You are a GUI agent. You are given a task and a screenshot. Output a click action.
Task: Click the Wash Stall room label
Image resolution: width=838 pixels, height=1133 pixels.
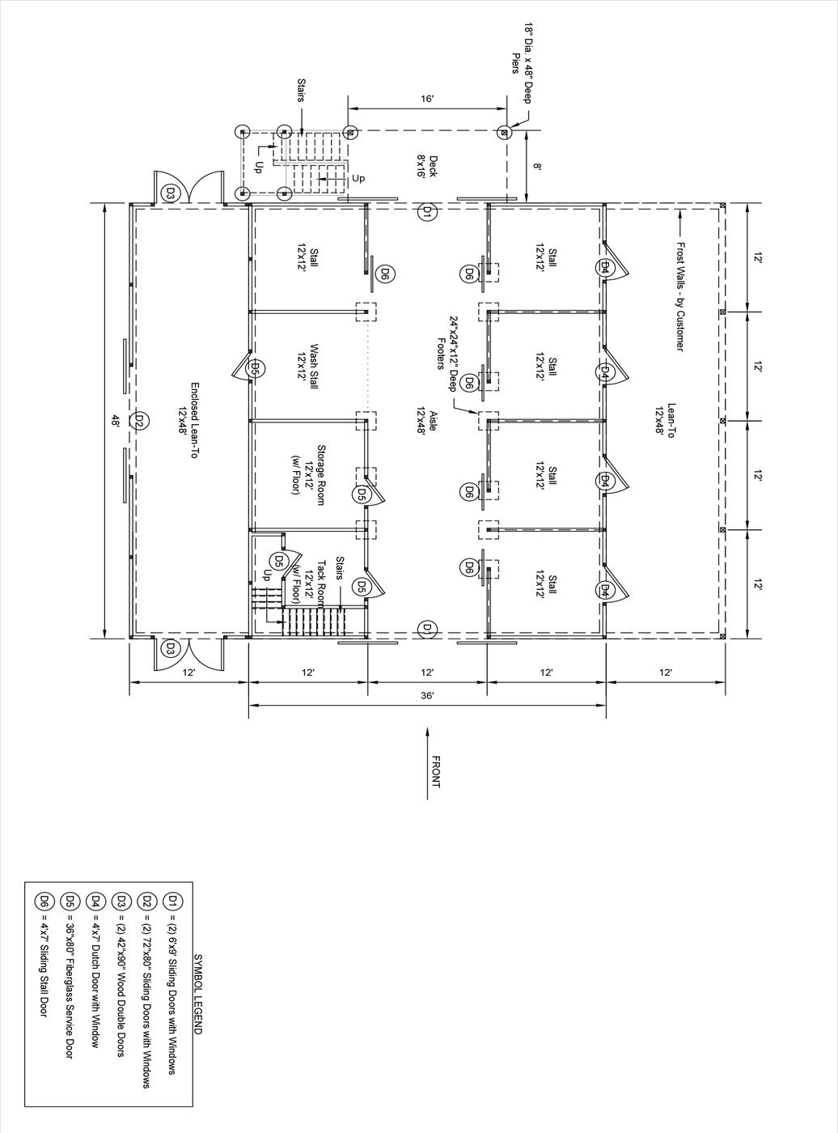click(307, 367)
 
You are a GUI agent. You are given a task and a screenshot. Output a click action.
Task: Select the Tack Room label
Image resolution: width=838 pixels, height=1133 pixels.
click(308, 583)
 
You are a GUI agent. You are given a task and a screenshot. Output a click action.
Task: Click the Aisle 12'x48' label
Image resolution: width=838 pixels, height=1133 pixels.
click(427, 420)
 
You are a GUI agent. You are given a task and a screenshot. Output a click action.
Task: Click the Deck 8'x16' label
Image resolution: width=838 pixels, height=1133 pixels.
click(427, 166)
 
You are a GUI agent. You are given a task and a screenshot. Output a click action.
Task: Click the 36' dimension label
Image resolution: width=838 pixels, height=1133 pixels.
click(427, 696)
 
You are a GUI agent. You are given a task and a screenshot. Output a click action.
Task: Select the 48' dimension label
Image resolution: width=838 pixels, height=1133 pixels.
click(116, 420)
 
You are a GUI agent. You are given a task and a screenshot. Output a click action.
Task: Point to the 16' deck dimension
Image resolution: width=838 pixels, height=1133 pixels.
click(427, 99)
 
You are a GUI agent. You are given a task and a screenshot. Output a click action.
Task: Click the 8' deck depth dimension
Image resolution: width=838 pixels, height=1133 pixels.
click(537, 166)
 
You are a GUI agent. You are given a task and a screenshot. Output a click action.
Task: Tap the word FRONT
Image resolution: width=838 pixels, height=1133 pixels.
click(436, 772)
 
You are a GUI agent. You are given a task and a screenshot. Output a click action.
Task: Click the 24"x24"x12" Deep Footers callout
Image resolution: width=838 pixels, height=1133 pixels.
click(447, 354)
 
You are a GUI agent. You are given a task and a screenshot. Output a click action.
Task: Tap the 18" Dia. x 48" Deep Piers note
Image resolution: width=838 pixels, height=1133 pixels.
click(522, 63)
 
